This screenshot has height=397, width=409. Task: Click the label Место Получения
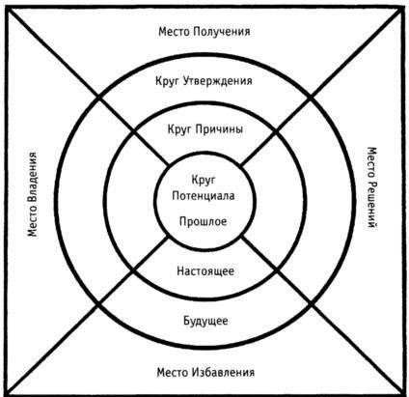[x=204, y=32]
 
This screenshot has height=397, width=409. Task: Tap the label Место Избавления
[x=205, y=373]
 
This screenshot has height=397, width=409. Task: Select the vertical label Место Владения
[x=32, y=194]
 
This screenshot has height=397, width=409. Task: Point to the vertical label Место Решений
[x=371, y=187]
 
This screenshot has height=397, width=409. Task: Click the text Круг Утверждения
[x=204, y=81]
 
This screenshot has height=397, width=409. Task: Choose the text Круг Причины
[x=205, y=129]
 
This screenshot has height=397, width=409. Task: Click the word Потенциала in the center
[x=204, y=196]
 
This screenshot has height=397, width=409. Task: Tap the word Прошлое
[x=204, y=221]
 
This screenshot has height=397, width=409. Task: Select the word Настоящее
[x=205, y=271]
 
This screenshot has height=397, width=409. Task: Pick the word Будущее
[x=205, y=321]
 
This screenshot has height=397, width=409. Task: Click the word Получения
[x=222, y=32]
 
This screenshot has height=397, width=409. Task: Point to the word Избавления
[x=224, y=373]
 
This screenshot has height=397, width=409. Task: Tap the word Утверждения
[x=218, y=81]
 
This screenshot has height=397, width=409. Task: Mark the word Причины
[x=219, y=129]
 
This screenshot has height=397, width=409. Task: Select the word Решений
[x=371, y=205]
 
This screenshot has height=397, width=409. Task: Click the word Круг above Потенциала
[x=204, y=180]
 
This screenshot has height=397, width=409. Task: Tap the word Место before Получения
[x=174, y=32]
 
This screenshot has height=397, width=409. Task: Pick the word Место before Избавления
[x=173, y=373]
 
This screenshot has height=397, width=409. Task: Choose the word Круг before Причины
[x=179, y=129]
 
